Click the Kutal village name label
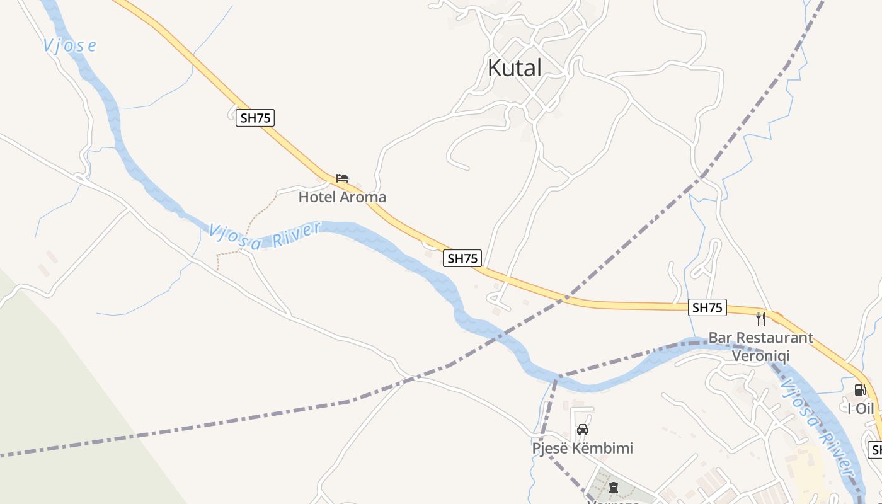(515, 68)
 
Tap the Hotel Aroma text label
(342, 197)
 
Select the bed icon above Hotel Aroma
(342, 178)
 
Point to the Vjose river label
(70, 45)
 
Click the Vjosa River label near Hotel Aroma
(265, 236)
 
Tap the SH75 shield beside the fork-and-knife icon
(707, 307)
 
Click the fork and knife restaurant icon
(761, 318)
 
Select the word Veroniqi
(760, 356)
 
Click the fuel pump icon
(860, 390)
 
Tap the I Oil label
(861, 408)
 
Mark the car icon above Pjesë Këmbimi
(583, 430)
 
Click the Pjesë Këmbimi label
(583, 449)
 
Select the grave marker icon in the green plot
(613, 488)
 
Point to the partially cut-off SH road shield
(875, 450)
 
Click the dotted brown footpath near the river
(252, 220)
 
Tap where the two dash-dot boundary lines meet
(555, 379)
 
